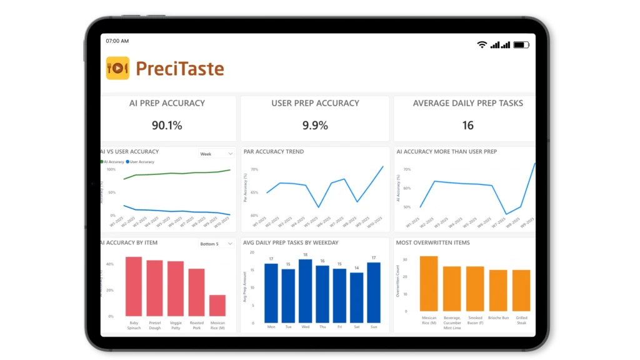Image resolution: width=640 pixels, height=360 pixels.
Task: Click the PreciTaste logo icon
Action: [117, 68]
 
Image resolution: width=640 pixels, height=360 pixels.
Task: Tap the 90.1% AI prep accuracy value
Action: [167, 126]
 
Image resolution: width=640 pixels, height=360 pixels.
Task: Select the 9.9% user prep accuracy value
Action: [315, 126]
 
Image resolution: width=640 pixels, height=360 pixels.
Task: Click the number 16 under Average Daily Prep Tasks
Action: [468, 126]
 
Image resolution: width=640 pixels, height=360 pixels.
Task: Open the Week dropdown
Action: [216, 154]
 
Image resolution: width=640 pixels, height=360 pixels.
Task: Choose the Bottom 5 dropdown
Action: [216, 244]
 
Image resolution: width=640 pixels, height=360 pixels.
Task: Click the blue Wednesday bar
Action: [306, 291]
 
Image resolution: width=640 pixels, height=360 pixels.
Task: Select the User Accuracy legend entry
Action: [142, 162]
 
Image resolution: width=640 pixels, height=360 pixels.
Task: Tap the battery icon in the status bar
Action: [521, 45]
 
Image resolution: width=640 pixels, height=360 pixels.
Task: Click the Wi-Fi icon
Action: [482, 45]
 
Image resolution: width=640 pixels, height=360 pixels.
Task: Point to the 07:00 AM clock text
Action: [117, 41]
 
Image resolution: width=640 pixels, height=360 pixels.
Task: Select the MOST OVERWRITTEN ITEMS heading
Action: [432, 242]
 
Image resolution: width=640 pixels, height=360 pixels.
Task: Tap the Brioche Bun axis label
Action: [498, 318]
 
